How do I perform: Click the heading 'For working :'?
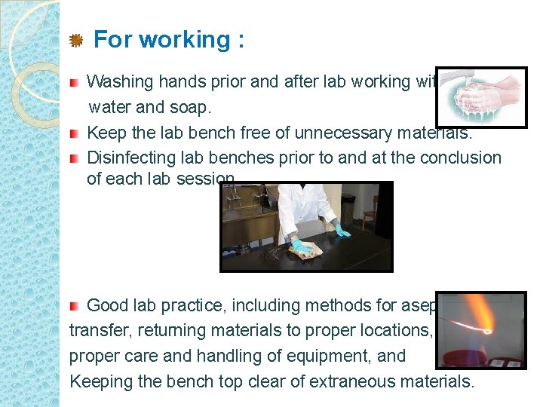point(169,39)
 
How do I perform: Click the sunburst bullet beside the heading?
point(75,41)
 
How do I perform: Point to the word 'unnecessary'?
point(340,133)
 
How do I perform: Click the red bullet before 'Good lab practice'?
point(74,306)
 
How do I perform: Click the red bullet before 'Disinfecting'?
point(74,159)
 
